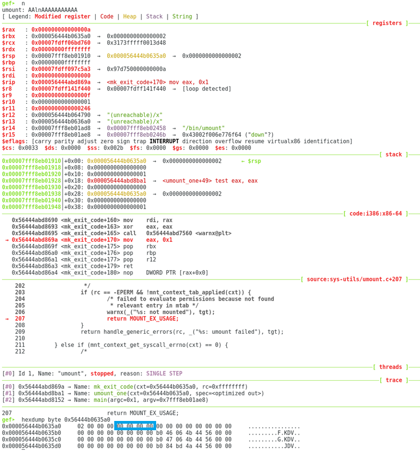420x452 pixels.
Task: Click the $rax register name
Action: (9, 29)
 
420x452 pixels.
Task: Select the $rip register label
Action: (9, 82)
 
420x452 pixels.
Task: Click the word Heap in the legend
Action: (130, 16)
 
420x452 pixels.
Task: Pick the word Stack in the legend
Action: (154, 16)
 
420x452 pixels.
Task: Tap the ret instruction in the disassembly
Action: (128, 266)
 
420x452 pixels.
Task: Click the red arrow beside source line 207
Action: (7, 319)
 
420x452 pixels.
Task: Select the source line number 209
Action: (20, 332)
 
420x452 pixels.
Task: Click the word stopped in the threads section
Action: (102, 374)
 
